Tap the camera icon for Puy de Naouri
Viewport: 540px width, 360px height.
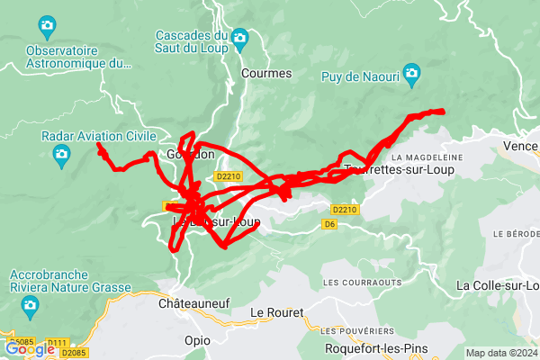(412, 73)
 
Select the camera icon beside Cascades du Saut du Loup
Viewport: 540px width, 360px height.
(239, 37)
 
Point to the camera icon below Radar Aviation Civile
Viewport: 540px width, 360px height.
(61, 156)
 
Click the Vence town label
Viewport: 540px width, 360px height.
(520, 146)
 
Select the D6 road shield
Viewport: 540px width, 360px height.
(329, 223)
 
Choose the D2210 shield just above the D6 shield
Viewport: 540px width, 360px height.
(345, 209)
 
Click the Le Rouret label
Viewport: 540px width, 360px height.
(277, 312)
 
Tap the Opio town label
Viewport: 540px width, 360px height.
(197, 341)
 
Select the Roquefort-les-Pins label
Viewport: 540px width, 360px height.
(376, 347)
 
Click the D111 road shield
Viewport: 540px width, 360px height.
(58, 343)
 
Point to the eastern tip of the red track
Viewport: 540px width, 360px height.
(444, 111)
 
